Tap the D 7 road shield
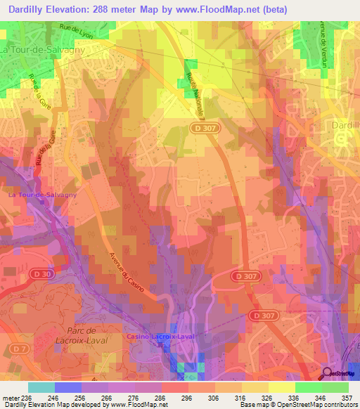pos(17,349)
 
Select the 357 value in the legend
pos(348,397)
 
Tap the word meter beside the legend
pos(11,397)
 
